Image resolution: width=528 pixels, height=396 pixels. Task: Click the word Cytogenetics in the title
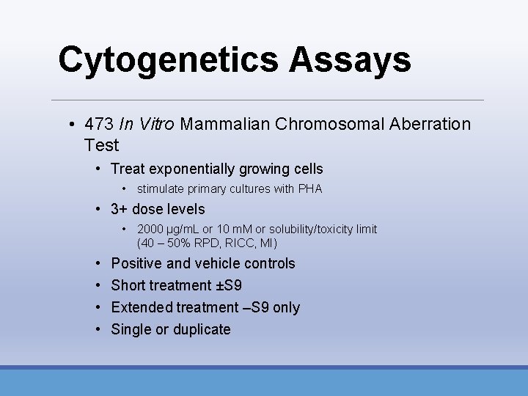(x=167, y=60)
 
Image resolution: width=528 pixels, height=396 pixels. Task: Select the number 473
(x=99, y=124)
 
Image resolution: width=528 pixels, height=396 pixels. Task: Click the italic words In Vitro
(x=147, y=124)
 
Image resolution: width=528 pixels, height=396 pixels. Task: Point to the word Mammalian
(x=224, y=124)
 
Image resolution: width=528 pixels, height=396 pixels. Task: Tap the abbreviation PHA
(x=309, y=189)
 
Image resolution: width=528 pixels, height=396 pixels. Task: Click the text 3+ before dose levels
(x=120, y=209)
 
